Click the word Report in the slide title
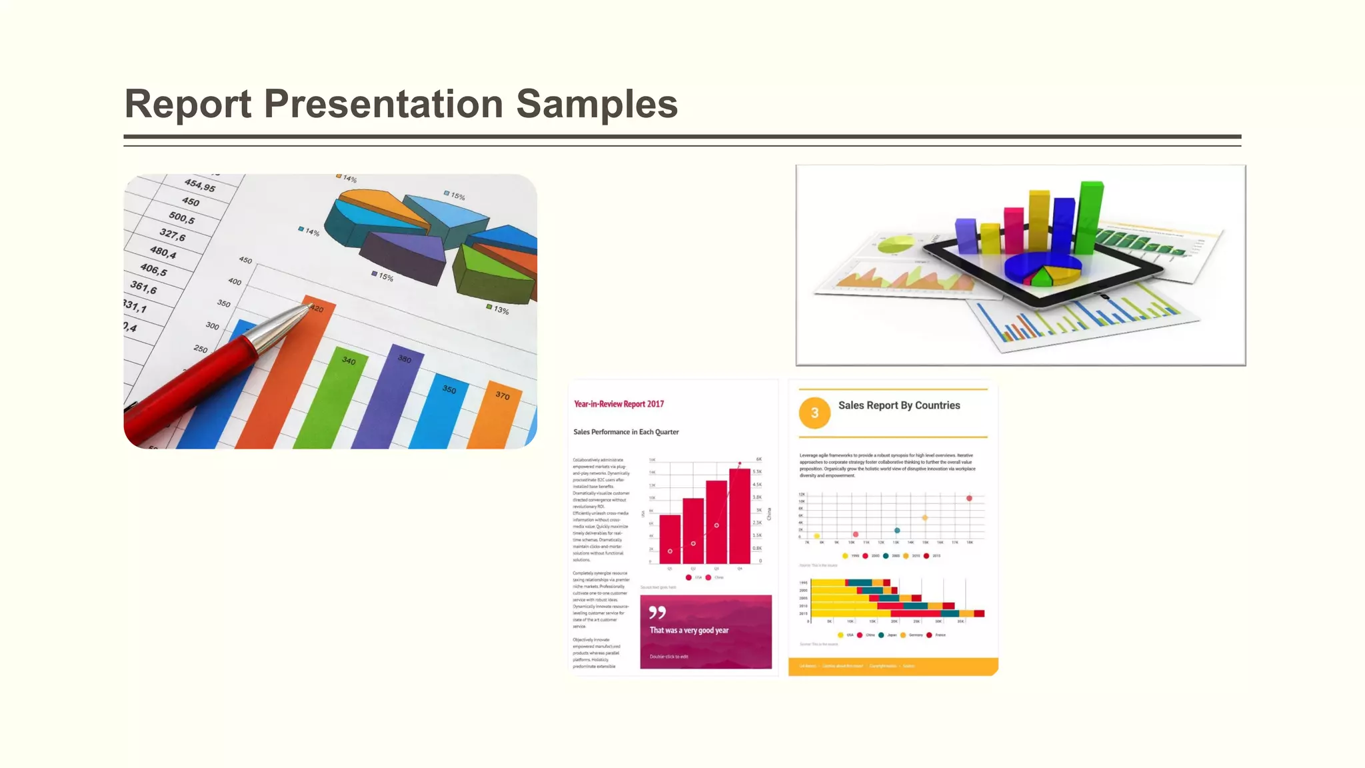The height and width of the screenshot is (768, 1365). (x=188, y=105)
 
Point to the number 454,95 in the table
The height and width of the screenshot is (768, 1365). (x=200, y=185)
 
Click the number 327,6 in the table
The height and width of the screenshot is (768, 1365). (x=173, y=234)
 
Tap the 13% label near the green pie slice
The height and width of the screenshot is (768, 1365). (x=501, y=310)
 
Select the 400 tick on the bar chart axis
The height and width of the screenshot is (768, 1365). (x=235, y=281)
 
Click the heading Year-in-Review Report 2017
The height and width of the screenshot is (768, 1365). (x=619, y=404)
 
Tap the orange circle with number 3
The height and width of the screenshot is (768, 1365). (x=814, y=413)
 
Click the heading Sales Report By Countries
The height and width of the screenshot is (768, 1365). (x=898, y=405)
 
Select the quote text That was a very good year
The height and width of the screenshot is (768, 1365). (x=688, y=630)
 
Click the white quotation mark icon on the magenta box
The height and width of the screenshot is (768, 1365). (x=657, y=612)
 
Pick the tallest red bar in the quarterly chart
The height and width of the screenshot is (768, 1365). (x=739, y=517)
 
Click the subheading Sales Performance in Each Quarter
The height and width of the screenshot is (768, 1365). (x=626, y=432)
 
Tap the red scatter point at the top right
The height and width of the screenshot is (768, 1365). (x=969, y=498)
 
